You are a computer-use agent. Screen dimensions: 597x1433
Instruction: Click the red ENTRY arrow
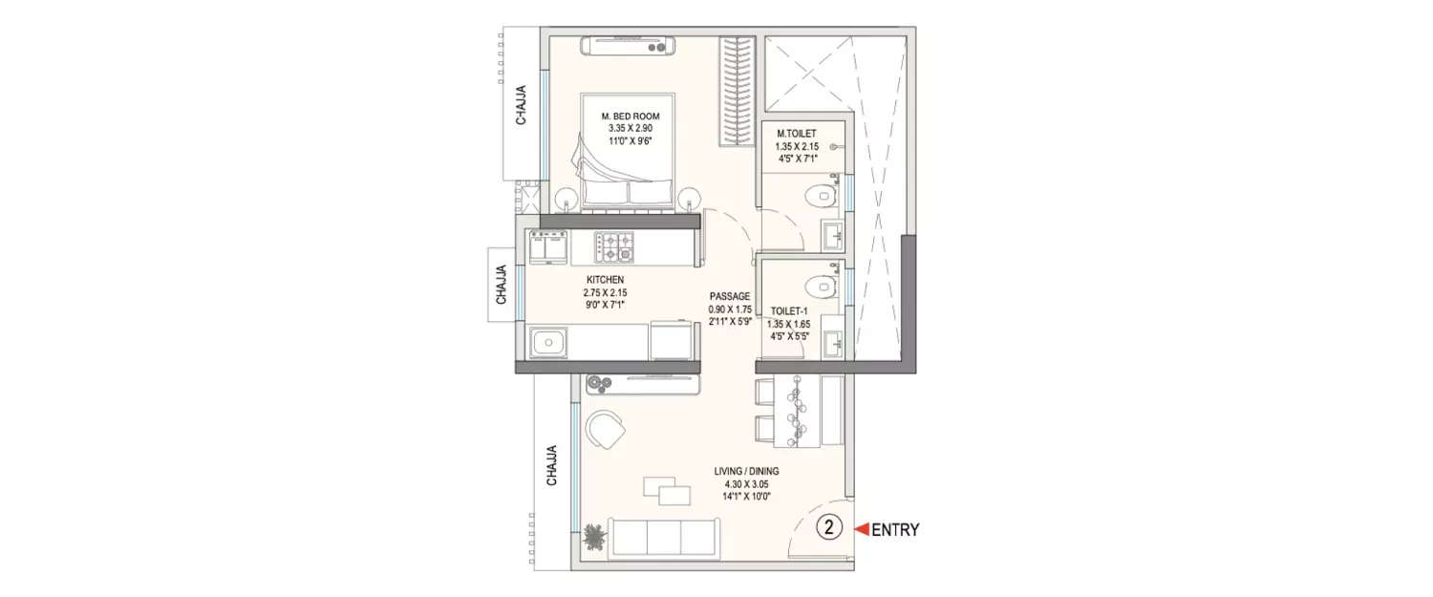click(860, 528)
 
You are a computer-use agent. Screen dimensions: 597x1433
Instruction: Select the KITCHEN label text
click(606, 280)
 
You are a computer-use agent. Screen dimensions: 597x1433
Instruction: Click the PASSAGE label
click(730, 296)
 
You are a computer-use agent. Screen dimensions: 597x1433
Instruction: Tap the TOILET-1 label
click(789, 310)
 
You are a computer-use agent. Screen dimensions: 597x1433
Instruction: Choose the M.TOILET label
click(796, 134)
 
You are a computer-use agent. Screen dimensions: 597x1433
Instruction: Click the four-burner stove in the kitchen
click(614, 247)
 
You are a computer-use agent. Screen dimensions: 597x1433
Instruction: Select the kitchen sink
click(550, 341)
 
